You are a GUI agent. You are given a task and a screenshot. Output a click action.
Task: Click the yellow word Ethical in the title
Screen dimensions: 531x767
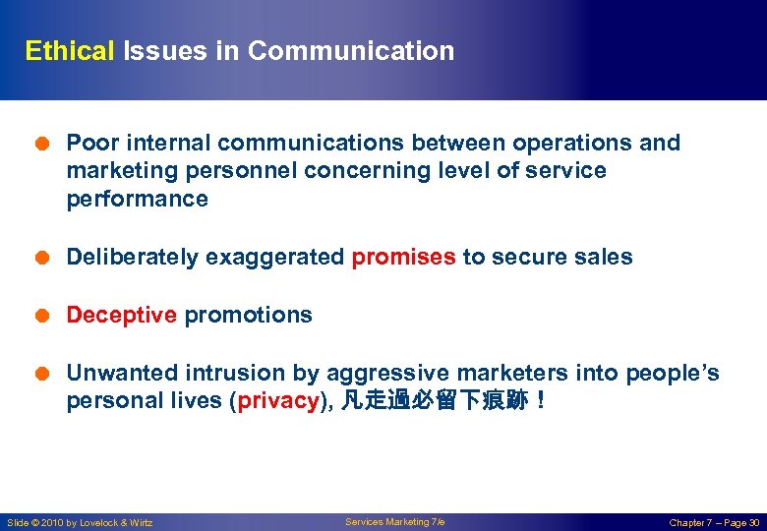pos(70,51)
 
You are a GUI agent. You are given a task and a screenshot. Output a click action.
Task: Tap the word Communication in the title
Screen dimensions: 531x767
pos(351,51)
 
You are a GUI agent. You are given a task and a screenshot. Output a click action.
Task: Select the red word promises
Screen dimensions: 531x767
pos(404,258)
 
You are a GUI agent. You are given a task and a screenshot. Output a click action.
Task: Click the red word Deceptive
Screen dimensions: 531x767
pos(121,316)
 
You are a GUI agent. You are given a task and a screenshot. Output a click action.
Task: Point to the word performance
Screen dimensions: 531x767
pos(137,200)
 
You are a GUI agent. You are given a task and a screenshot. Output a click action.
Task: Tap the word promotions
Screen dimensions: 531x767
pos(248,316)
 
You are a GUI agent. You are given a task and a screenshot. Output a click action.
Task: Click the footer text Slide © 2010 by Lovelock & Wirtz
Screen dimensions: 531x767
pos(80,522)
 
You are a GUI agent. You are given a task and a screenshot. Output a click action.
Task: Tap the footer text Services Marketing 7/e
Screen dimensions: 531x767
pos(394,522)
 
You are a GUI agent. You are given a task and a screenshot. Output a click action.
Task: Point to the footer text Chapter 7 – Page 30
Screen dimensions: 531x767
pos(714,522)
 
